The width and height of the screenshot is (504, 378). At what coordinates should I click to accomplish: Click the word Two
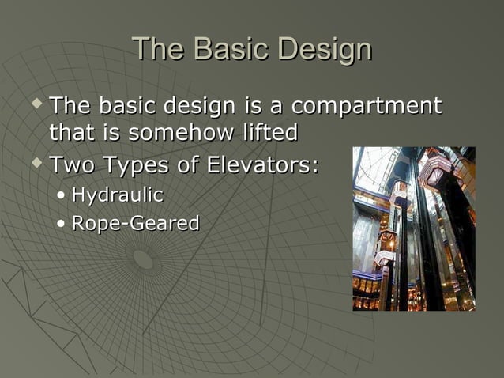coord(73,167)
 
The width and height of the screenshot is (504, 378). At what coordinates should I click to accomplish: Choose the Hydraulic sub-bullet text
coord(117,195)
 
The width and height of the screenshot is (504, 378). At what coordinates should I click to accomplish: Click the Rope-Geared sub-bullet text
coord(135,224)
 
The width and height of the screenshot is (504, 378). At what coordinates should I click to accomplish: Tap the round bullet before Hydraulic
coord(62,195)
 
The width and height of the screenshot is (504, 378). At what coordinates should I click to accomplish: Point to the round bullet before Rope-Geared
coord(62,225)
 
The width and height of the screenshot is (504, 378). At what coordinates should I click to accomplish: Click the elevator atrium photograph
coord(413,229)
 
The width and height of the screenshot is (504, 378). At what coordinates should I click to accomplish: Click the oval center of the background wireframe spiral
coord(143,259)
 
